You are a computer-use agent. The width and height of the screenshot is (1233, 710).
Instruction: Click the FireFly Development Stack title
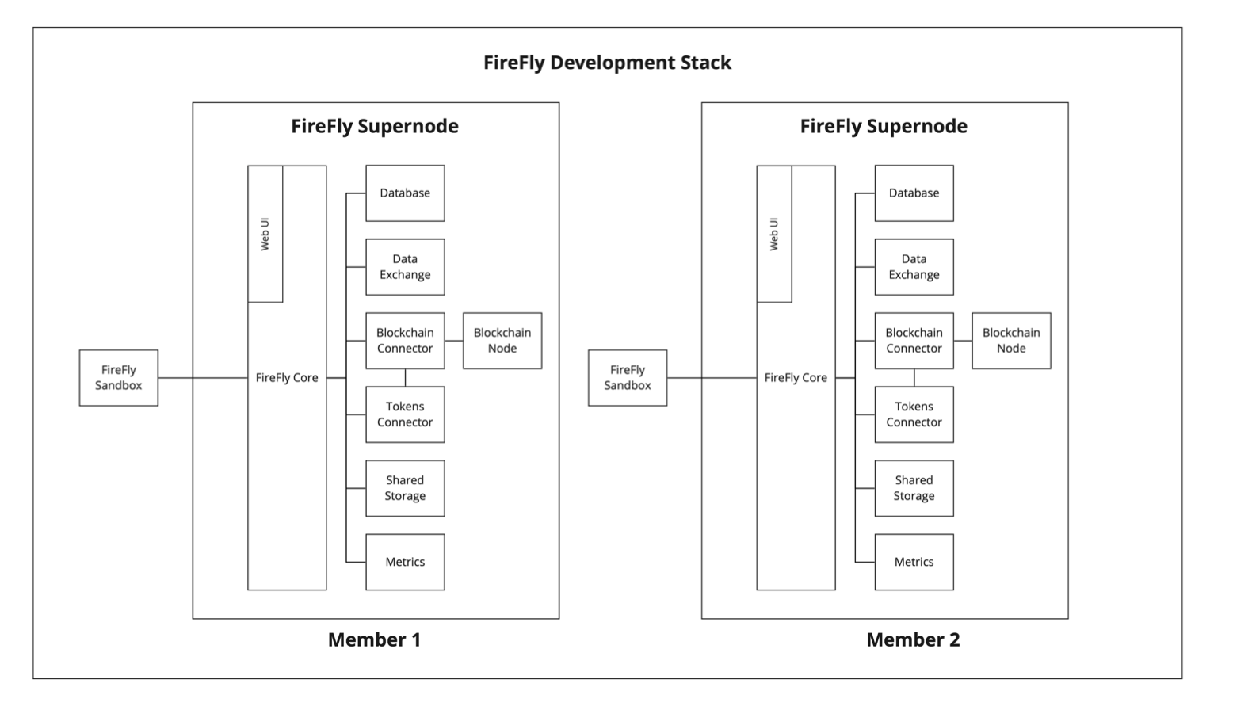[607, 63]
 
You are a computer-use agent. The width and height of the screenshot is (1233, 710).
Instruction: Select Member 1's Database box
[405, 193]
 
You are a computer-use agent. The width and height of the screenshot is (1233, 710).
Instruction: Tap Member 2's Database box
[914, 193]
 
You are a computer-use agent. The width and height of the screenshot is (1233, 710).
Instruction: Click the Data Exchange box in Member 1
[405, 267]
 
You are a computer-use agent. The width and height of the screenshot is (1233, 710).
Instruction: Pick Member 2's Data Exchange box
[914, 267]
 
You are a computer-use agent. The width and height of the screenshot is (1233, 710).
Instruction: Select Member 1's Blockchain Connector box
[405, 341]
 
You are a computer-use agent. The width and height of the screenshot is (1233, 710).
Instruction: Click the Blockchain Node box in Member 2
[1011, 341]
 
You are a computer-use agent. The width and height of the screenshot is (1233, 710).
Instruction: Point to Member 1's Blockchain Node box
[502, 341]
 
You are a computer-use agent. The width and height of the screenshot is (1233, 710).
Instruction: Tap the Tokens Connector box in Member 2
[914, 414]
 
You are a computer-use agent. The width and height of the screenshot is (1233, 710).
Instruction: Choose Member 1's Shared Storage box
[405, 488]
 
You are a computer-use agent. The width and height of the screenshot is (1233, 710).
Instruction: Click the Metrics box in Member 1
[405, 562]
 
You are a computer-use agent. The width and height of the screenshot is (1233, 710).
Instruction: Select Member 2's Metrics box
[914, 562]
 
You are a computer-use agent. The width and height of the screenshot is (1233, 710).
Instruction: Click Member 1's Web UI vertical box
[265, 234]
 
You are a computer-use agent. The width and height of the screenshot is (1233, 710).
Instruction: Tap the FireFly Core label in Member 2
[796, 378]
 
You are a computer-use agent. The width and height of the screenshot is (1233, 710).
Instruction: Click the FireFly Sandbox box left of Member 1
[119, 378]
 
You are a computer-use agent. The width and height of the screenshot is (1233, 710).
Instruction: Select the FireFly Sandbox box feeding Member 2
[628, 378]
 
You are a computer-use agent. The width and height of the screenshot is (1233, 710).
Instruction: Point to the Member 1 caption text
[374, 639]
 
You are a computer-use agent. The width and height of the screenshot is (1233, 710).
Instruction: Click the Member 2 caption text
[913, 639]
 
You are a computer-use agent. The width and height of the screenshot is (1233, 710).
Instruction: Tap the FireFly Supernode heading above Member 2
[884, 126]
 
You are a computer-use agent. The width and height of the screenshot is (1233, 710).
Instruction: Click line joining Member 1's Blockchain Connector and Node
[454, 341]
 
